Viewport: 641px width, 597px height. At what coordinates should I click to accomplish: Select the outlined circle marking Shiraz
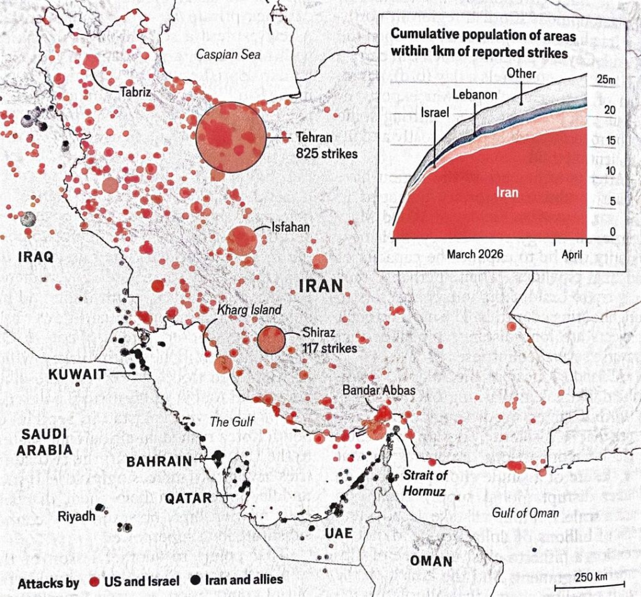[271, 340]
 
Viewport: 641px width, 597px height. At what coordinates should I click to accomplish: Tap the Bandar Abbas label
[379, 389]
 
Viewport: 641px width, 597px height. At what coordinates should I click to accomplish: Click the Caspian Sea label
[228, 54]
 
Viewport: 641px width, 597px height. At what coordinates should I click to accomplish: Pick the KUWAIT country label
[74, 374]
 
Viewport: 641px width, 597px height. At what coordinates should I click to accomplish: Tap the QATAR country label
[187, 498]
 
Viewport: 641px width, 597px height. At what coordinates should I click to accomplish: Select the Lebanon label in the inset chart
[475, 95]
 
